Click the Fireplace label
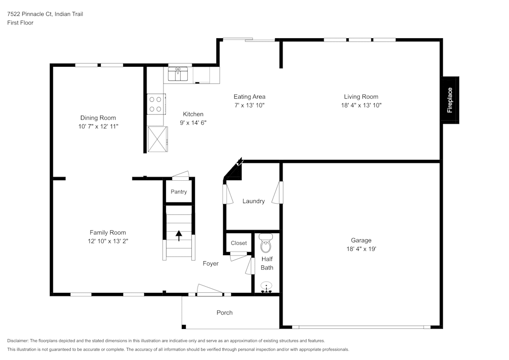point(449,100)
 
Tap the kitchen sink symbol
point(178,74)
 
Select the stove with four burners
point(155,104)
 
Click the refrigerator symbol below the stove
point(156,139)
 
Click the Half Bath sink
point(266,288)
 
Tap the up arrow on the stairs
point(179,235)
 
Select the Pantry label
point(179,192)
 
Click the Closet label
point(239,243)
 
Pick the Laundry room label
point(253,201)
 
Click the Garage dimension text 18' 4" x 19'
point(361,249)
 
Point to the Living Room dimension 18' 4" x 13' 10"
point(361,105)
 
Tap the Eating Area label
point(249,97)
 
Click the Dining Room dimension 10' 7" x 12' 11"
point(98,126)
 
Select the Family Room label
point(108,233)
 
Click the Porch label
point(224,313)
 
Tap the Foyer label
point(211,263)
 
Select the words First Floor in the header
point(20,23)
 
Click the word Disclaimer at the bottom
point(18,341)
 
